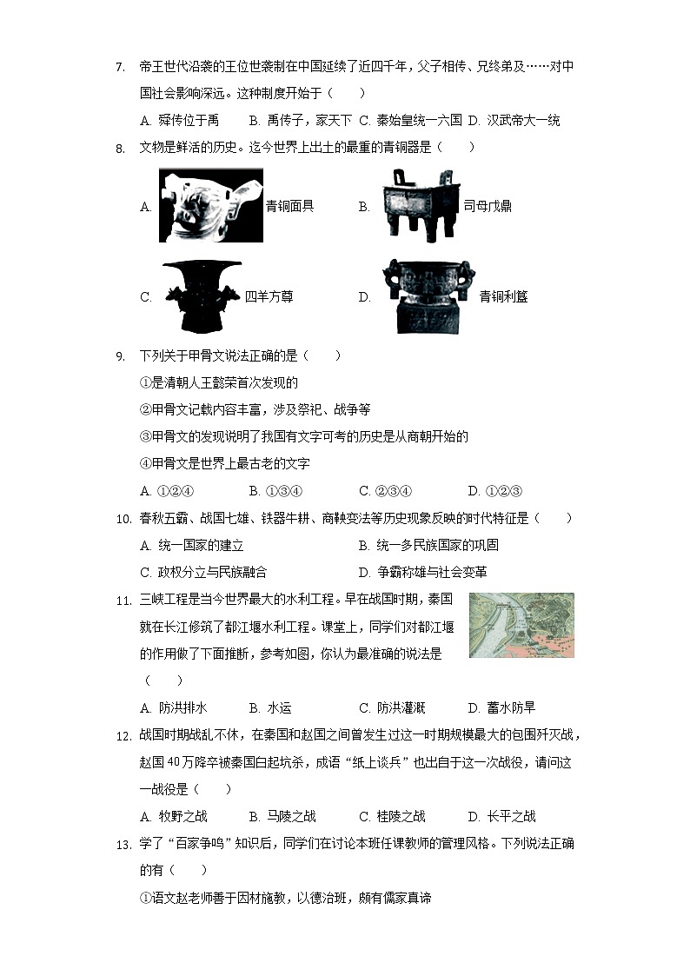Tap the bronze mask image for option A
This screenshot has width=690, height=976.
(210, 205)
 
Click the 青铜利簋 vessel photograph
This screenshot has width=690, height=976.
(430, 296)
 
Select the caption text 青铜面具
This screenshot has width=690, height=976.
(289, 206)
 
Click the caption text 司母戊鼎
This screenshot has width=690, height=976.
(487, 206)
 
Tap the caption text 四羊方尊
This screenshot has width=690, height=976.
(269, 297)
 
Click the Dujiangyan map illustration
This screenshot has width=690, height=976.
(521, 626)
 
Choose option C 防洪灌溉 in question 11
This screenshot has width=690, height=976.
(391, 708)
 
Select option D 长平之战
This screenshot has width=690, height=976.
(501, 817)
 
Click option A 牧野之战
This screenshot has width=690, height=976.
(174, 817)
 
